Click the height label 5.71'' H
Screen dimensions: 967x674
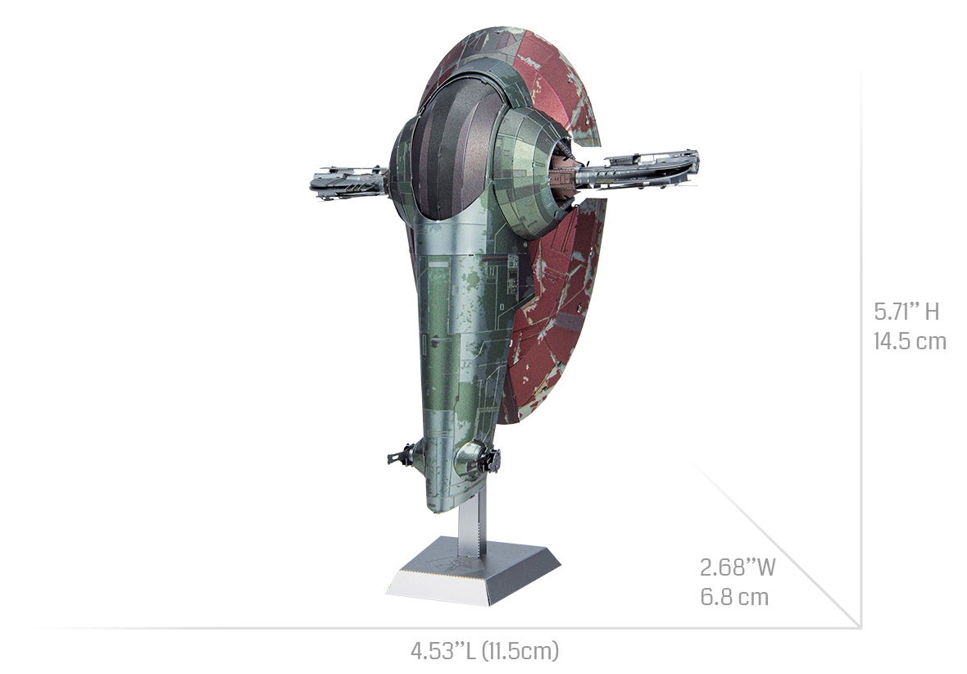(906, 312)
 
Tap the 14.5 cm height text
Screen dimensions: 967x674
(910, 341)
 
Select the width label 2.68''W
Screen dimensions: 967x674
(738, 567)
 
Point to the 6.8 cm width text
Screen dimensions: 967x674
(734, 598)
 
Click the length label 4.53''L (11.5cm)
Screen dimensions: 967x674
(485, 650)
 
